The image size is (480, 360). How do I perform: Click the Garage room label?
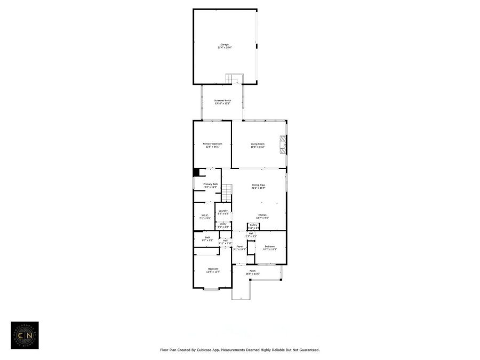tap(225, 46)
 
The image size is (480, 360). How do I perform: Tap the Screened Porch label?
tap(222, 102)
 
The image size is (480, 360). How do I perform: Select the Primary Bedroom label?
tap(212, 145)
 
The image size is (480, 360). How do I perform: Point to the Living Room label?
tap(259, 145)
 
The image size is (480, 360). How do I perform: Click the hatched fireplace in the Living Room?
tap(283, 143)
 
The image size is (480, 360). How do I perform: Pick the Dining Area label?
tap(259, 187)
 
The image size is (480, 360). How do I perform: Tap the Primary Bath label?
tap(211, 186)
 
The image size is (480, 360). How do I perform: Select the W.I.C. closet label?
tap(204, 217)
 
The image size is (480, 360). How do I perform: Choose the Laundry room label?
tap(223, 212)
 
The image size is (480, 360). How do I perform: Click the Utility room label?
tap(223, 225)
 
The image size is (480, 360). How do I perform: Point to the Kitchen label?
tap(262, 216)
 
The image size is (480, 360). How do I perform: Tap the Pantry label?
tap(253, 226)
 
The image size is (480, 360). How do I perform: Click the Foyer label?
tap(240, 247)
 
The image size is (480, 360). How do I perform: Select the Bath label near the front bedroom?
tap(207, 239)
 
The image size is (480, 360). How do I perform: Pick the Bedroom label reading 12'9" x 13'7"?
tap(213, 270)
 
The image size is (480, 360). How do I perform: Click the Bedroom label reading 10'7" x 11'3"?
tap(270, 247)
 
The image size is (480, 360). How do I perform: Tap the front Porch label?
tap(252, 272)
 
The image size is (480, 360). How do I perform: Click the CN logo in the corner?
tap(25, 335)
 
